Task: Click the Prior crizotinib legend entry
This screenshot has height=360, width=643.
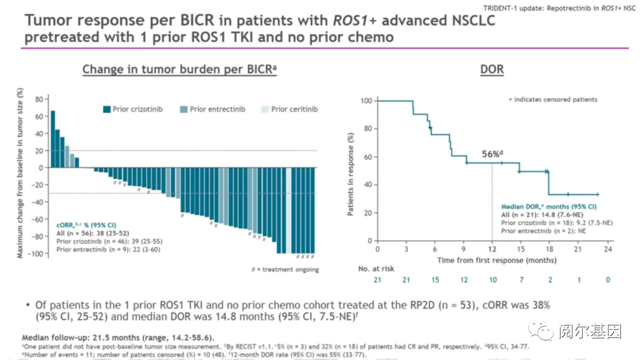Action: tap(132, 109)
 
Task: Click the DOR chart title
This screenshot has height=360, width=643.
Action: tap(492, 70)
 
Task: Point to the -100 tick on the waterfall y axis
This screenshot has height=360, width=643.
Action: tap(38, 253)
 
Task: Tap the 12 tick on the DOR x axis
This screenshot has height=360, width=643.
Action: tap(492, 250)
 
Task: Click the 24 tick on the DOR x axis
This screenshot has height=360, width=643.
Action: tap(607, 250)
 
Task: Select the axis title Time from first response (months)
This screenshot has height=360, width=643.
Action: tap(497, 260)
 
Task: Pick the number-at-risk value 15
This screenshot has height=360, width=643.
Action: tap(435, 280)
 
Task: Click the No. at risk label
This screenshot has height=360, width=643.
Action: tap(376, 269)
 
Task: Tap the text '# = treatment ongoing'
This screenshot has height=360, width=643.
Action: tap(285, 270)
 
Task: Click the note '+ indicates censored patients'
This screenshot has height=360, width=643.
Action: tap(552, 99)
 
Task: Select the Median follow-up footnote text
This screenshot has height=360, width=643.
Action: tap(118, 337)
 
